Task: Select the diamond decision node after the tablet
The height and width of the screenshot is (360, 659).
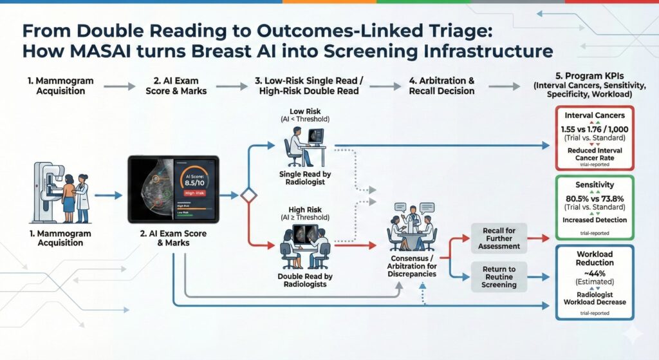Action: tap(248, 195)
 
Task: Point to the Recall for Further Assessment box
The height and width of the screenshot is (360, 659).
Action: tap(499, 238)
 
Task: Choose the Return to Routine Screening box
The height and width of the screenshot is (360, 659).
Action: tap(499, 276)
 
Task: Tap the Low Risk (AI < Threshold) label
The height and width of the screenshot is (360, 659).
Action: tap(306, 115)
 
